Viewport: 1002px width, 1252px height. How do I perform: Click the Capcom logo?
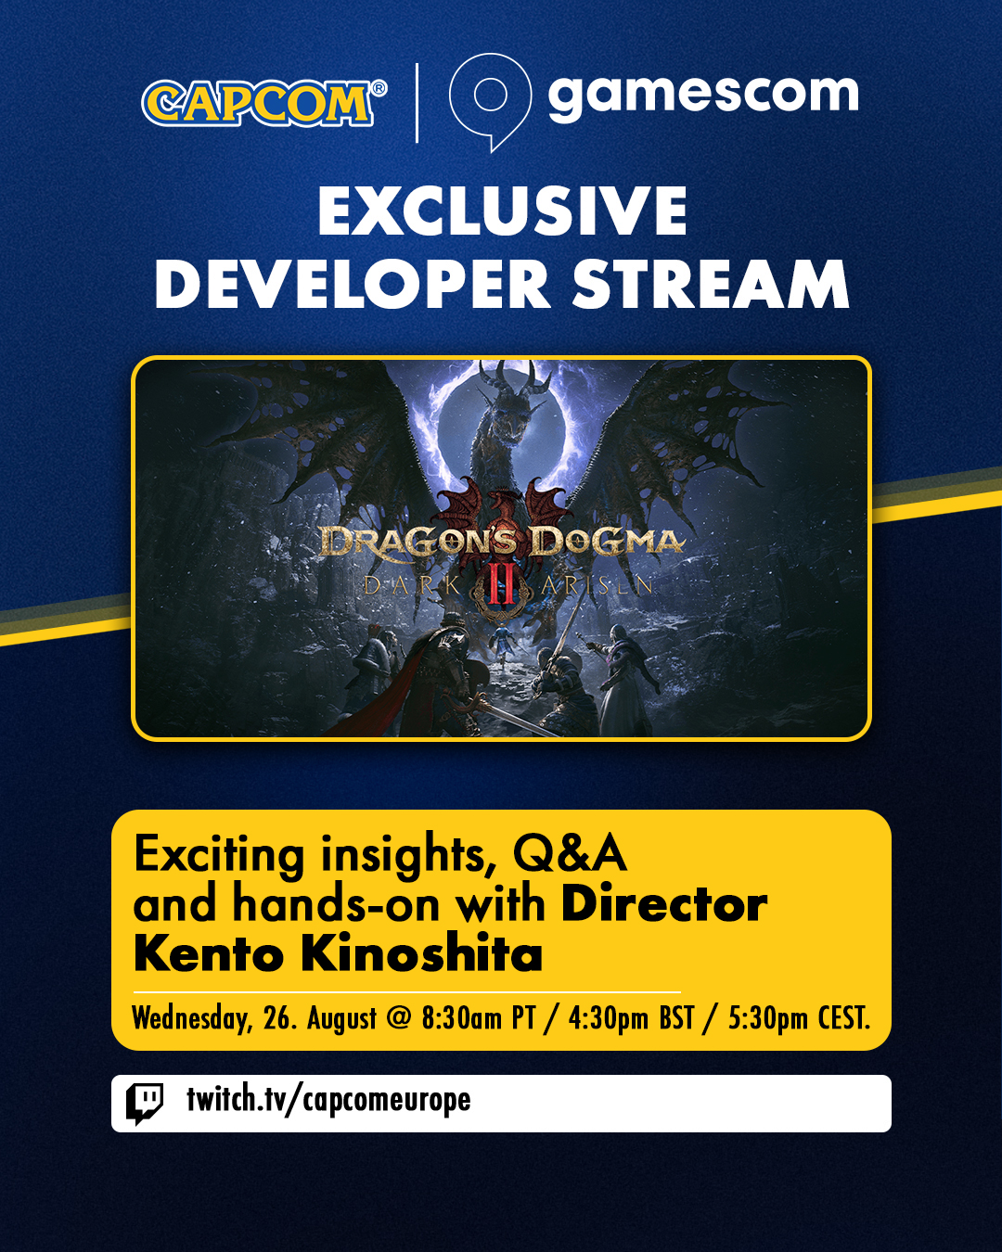(263, 103)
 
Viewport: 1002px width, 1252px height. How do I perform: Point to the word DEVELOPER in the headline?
(353, 284)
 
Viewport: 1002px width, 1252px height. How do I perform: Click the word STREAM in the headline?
(711, 284)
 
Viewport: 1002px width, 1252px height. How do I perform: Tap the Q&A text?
(570, 854)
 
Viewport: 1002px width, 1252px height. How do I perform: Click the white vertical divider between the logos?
(417, 103)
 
